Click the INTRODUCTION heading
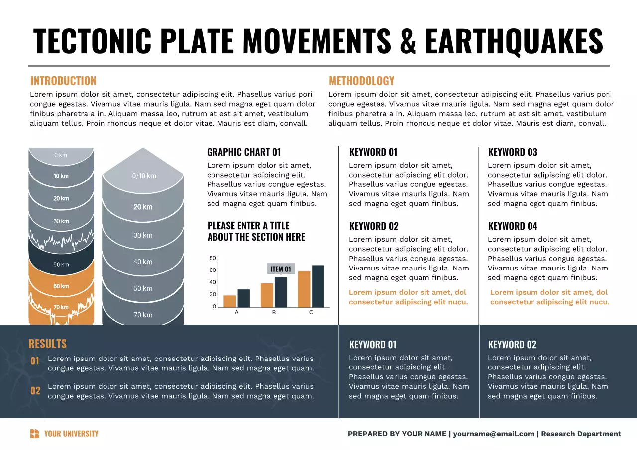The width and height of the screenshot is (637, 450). point(63,81)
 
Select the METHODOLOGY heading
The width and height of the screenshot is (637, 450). point(361,81)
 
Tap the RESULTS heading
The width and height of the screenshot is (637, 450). point(47,344)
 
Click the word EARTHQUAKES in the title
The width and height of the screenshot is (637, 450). point(514,41)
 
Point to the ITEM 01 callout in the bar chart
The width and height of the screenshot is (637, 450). point(281,269)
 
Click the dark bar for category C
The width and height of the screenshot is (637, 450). point(318,286)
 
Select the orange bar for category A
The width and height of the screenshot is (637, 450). point(229,301)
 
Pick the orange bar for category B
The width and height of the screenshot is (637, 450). point(267,295)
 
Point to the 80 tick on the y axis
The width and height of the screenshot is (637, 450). point(212,258)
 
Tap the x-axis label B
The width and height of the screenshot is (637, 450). point(274,312)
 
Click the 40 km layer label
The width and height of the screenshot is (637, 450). point(143,262)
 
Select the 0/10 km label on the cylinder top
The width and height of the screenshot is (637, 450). point(144,176)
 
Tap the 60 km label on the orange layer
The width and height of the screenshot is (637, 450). point(61,286)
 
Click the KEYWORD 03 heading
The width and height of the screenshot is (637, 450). point(513,152)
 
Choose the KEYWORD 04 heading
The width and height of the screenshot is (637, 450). point(513,226)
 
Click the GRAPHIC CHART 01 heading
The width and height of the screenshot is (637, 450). point(244,152)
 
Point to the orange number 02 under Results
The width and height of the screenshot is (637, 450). point(35,391)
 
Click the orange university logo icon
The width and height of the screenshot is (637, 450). point(34,434)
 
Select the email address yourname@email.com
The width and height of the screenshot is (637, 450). point(494,434)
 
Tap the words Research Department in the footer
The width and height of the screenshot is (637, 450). point(581,434)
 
